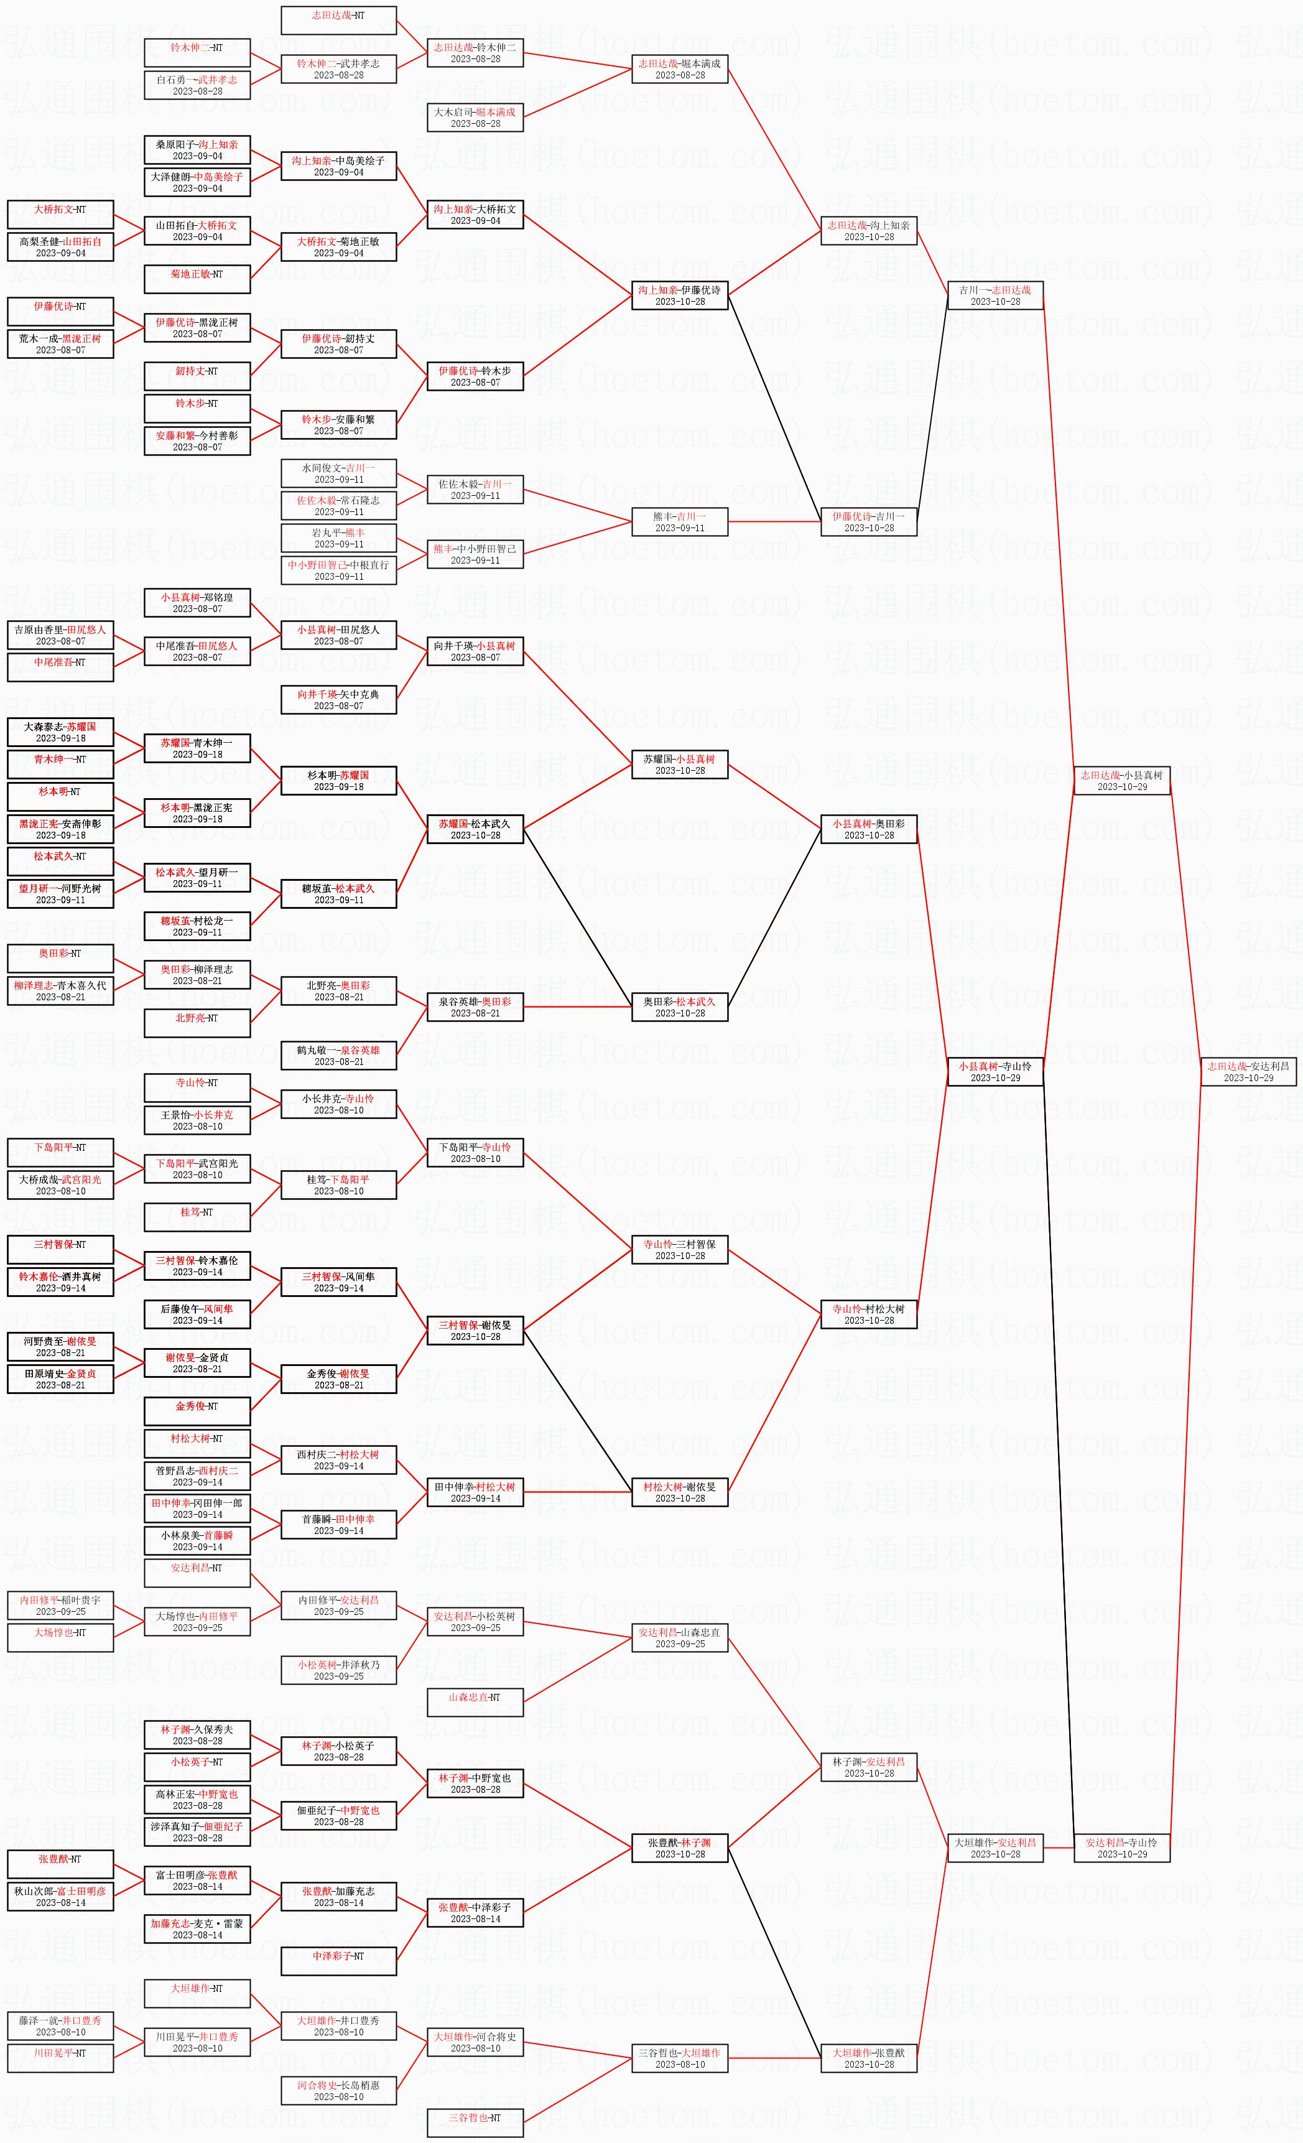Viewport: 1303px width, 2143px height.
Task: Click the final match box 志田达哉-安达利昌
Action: pos(1248,1071)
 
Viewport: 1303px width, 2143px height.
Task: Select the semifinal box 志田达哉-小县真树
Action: pos(1121,780)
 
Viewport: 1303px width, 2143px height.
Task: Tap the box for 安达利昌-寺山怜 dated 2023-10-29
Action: pos(1121,1848)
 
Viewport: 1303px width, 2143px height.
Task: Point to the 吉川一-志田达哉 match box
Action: pos(995,295)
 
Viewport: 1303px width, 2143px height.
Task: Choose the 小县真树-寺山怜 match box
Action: pos(995,1071)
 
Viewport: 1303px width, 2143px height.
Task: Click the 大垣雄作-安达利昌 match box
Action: pos(995,1848)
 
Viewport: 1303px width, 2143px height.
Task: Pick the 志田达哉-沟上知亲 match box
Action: pos(869,231)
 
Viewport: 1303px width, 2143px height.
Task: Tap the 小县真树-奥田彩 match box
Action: pos(869,829)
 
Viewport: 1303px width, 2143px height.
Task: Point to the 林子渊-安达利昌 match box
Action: pos(869,1767)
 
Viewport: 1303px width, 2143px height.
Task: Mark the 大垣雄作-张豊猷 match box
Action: pos(869,2058)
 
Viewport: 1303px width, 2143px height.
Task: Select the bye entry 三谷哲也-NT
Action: pos(475,2122)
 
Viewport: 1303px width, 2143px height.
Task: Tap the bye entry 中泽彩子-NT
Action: pos(338,1960)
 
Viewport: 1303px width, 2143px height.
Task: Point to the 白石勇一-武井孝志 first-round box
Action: pos(197,85)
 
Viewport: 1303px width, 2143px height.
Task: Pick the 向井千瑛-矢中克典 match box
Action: pos(338,699)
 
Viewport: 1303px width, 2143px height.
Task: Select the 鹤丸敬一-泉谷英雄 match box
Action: pos(338,1055)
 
